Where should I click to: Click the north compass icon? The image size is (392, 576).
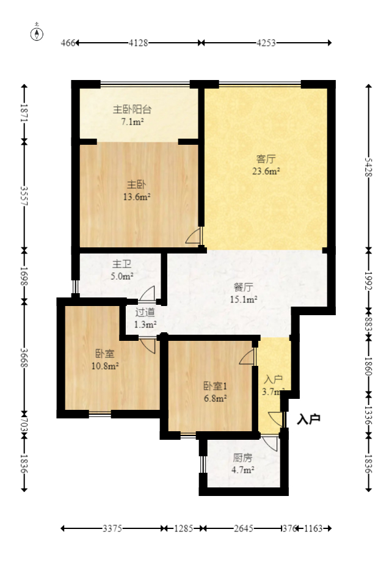[37, 33]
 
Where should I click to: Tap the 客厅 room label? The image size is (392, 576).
[266, 159]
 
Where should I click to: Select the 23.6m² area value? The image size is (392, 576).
[266, 172]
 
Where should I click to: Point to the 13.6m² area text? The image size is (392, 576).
[137, 197]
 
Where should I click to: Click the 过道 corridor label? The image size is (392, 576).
[145, 312]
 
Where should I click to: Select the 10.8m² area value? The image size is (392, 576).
[104, 366]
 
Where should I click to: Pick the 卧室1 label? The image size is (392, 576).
[215, 386]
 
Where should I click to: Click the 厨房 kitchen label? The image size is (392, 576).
[242, 458]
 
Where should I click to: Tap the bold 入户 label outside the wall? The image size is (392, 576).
[309, 420]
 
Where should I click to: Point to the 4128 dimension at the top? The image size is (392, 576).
[139, 43]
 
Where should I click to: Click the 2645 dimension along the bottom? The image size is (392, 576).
[242, 528]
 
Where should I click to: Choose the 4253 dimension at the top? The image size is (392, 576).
[266, 43]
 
